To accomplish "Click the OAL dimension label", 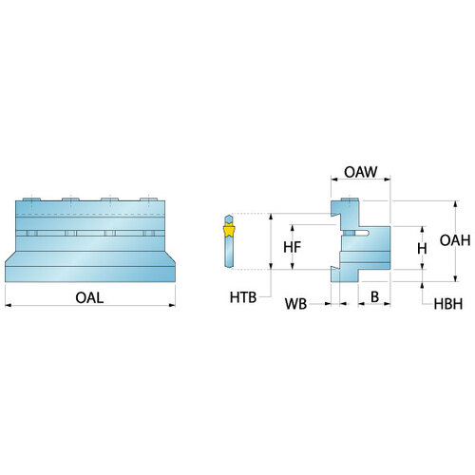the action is (89, 297).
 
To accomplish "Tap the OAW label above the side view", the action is (361, 172).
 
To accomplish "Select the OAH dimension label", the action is (455, 240).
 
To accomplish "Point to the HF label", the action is (292, 247).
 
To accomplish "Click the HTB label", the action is (243, 297).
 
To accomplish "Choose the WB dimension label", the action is (295, 304).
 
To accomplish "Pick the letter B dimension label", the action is (374, 296).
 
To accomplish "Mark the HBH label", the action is (448, 304).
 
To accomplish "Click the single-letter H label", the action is (422, 249).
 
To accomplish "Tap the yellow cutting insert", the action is (229, 231).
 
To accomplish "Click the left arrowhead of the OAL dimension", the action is (9, 305).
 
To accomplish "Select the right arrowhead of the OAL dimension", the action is (172, 305).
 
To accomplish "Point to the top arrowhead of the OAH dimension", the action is (455, 204).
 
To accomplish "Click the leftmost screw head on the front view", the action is (31, 199).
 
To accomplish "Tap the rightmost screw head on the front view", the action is (149, 199).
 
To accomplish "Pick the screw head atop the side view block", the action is (350, 199).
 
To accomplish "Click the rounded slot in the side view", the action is (362, 233).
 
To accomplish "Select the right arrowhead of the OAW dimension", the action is (387, 180).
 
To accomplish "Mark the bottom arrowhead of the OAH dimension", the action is (455, 278).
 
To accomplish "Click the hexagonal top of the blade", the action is (229, 219).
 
